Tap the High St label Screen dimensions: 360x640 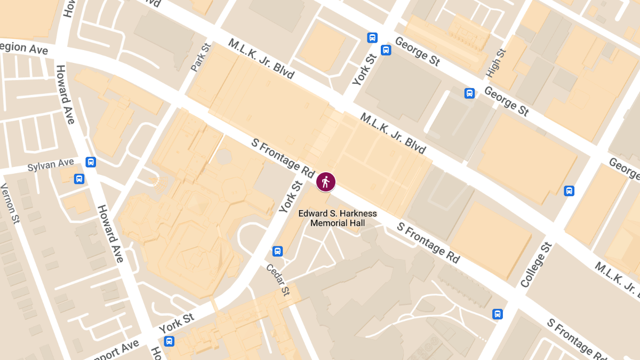click(496, 62)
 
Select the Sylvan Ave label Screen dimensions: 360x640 click(51, 165)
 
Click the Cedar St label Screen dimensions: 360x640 click(278, 280)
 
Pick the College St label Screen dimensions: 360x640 click(536, 265)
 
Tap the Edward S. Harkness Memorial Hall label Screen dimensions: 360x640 click(337, 218)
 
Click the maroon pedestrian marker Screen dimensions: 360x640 click(325, 182)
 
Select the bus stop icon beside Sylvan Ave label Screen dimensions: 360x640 click(91, 161)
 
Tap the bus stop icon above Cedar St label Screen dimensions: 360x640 click(277, 251)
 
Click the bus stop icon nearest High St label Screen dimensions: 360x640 click(469, 93)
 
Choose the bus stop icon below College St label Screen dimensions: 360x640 click(498, 314)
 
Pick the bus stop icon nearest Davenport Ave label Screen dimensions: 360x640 click(169, 341)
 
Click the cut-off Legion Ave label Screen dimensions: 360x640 click(24, 48)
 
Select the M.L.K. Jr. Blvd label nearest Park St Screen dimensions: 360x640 click(261, 59)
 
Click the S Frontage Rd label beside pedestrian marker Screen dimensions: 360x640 click(283, 158)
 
